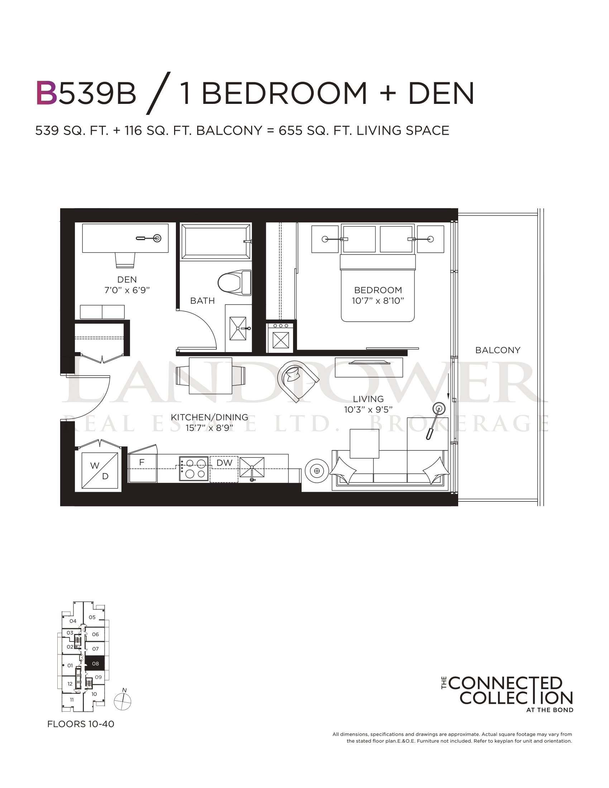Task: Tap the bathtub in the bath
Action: click(x=216, y=241)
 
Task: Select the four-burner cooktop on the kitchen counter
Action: click(x=194, y=469)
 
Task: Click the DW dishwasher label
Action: click(x=224, y=463)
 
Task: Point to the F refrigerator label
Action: click(x=142, y=462)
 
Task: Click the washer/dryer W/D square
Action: click(x=100, y=471)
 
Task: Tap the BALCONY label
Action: click(x=498, y=350)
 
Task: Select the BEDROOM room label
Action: click(x=378, y=290)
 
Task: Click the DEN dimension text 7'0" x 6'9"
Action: click(x=127, y=290)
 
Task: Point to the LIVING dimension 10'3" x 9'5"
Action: click(x=368, y=409)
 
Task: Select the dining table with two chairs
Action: click(x=210, y=376)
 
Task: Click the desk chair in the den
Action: click(x=125, y=260)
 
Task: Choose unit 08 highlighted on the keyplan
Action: click(x=95, y=663)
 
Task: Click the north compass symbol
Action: click(x=123, y=701)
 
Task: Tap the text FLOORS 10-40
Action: click(x=81, y=724)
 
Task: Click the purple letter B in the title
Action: click(x=47, y=93)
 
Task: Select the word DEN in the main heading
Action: click(x=441, y=93)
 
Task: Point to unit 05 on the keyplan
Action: click(x=92, y=618)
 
